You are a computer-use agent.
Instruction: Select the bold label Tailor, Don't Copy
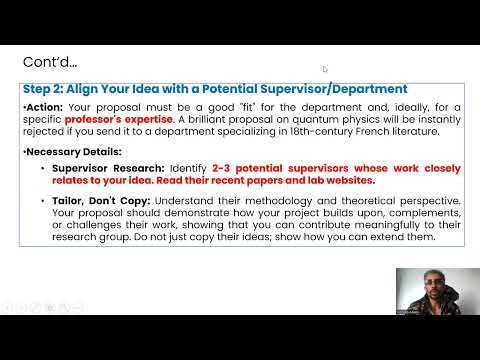(x=99, y=200)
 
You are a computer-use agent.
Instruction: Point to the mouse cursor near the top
(x=325, y=69)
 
